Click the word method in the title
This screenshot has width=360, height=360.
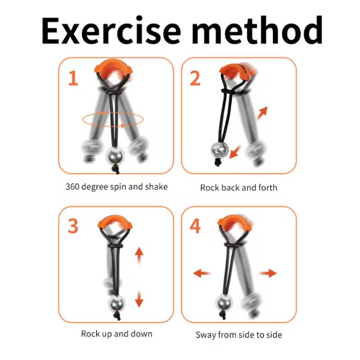(x=257, y=29)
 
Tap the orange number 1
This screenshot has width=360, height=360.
(x=73, y=78)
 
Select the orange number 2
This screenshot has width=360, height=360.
(x=195, y=78)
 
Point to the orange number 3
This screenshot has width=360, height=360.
(x=73, y=226)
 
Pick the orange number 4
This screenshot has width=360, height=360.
(x=195, y=226)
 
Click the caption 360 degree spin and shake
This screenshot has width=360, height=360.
(x=117, y=187)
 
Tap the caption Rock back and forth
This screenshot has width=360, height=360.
(x=238, y=188)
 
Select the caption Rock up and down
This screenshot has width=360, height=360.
(x=117, y=334)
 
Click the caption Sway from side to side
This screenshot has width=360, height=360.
(x=239, y=335)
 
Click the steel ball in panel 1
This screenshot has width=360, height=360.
(x=115, y=156)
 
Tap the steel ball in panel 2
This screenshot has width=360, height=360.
(x=220, y=150)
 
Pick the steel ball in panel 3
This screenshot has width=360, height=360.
(x=117, y=303)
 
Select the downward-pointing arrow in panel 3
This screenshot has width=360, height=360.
(x=139, y=299)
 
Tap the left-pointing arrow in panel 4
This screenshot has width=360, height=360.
(x=202, y=273)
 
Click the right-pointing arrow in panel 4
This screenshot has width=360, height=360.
(x=268, y=273)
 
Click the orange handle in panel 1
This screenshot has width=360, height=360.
(x=113, y=68)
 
